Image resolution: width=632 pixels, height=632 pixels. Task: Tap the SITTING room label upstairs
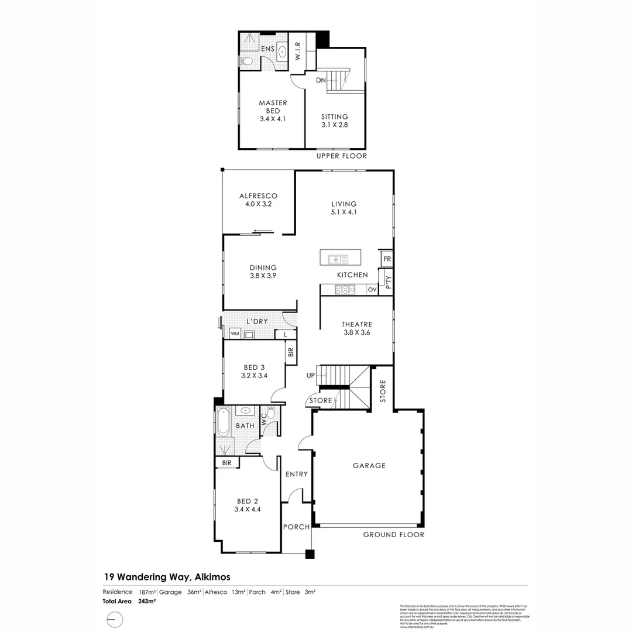pyautogui.click(x=334, y=116)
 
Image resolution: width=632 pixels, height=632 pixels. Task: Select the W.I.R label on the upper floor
pyautogui.click(x=297, y=52)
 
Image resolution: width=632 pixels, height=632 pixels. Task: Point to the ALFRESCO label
pyautogui.click(x=258, y=196)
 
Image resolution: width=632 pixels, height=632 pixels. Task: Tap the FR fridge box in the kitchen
pyautogui.click(x=387, y=259)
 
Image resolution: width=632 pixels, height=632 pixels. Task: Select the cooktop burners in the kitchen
pyautogui.click(x=345, y=289)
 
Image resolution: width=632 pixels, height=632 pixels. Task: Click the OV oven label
pyautogui.click(x=372, y=290)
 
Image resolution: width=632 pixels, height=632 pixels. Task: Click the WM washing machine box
pyautogui.click(x=235, y=334)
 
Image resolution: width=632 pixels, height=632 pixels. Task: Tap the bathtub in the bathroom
pyautogui.click(x=222, y=422)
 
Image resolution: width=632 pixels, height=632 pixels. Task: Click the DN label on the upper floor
pyautogui.click(x=321, y=80)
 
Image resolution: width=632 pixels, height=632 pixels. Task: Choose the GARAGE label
pyautogui.click(x=369, y=466)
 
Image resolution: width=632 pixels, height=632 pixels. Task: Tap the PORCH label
pyautogui.click(x=296, y=527)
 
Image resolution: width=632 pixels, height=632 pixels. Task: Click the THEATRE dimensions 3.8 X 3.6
pyautogui.click(x=357, y=332)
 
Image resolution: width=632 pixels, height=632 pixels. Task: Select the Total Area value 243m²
pyautogui.click(x=146, y=601)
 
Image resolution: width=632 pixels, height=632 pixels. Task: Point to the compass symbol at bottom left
pyautogui.click(x=115, y=619)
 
